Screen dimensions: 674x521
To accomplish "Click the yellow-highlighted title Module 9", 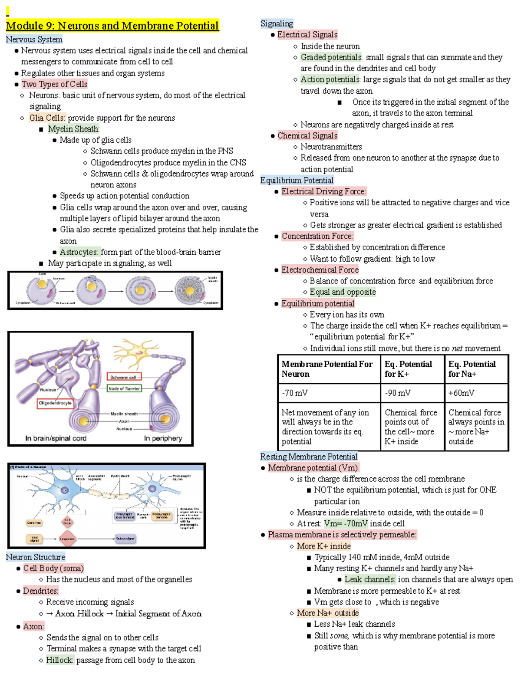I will coord(112,26).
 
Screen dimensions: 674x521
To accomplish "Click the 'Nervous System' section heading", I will coord(34,39).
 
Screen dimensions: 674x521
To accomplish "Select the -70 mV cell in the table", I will coord(295,393).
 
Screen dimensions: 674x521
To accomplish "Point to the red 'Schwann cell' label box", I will coord(124,377).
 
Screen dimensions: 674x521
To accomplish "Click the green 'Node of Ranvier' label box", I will coord(124,388).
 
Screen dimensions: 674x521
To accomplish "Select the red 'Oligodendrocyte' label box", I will coord(55,403).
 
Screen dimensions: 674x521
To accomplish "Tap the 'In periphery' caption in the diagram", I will coord(163,438).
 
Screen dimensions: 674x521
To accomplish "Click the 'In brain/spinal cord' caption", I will coord(56,438).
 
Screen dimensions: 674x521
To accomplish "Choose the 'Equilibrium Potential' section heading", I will coord(297,180).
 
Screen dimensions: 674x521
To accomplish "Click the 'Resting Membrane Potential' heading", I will coord(309,457).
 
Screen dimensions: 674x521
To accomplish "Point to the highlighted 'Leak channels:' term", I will coord(370,579).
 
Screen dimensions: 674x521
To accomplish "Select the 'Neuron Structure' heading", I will coord(36,557).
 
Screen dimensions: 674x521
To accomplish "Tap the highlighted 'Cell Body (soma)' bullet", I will coord(53,568).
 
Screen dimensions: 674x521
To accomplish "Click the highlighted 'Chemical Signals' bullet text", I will coord(307,136).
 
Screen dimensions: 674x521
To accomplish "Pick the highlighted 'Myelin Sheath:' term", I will coord(73,129).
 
